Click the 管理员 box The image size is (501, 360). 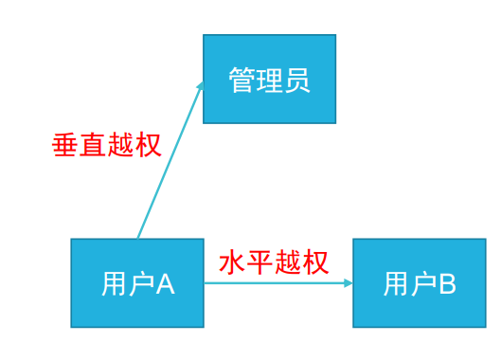(269, 79)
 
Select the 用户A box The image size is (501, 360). (137, 282)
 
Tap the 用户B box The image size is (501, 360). (420, 282)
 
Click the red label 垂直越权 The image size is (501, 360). (106, 144)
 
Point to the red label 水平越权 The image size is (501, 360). (274, 261)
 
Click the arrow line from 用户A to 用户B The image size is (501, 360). (275, 282)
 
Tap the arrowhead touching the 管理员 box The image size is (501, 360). (200, 87)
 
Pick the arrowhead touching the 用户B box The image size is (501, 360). (348, 282)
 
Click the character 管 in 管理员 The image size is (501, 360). (242, 80)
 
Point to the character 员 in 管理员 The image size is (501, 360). (297, 80)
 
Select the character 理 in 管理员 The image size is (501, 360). (269, 80)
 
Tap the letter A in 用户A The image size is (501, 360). (166, 283)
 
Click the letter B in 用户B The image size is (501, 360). (447, 283)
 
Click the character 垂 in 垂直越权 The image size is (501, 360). (64, 144)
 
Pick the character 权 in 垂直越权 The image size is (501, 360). (148, 144)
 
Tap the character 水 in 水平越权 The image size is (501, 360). (232, 261)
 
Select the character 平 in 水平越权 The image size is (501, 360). (259, 261)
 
